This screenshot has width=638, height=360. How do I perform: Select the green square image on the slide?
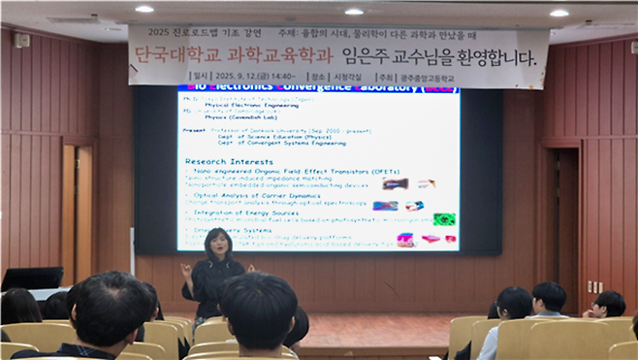point(444,219)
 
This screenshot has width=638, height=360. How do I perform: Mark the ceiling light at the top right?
point(558,13)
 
